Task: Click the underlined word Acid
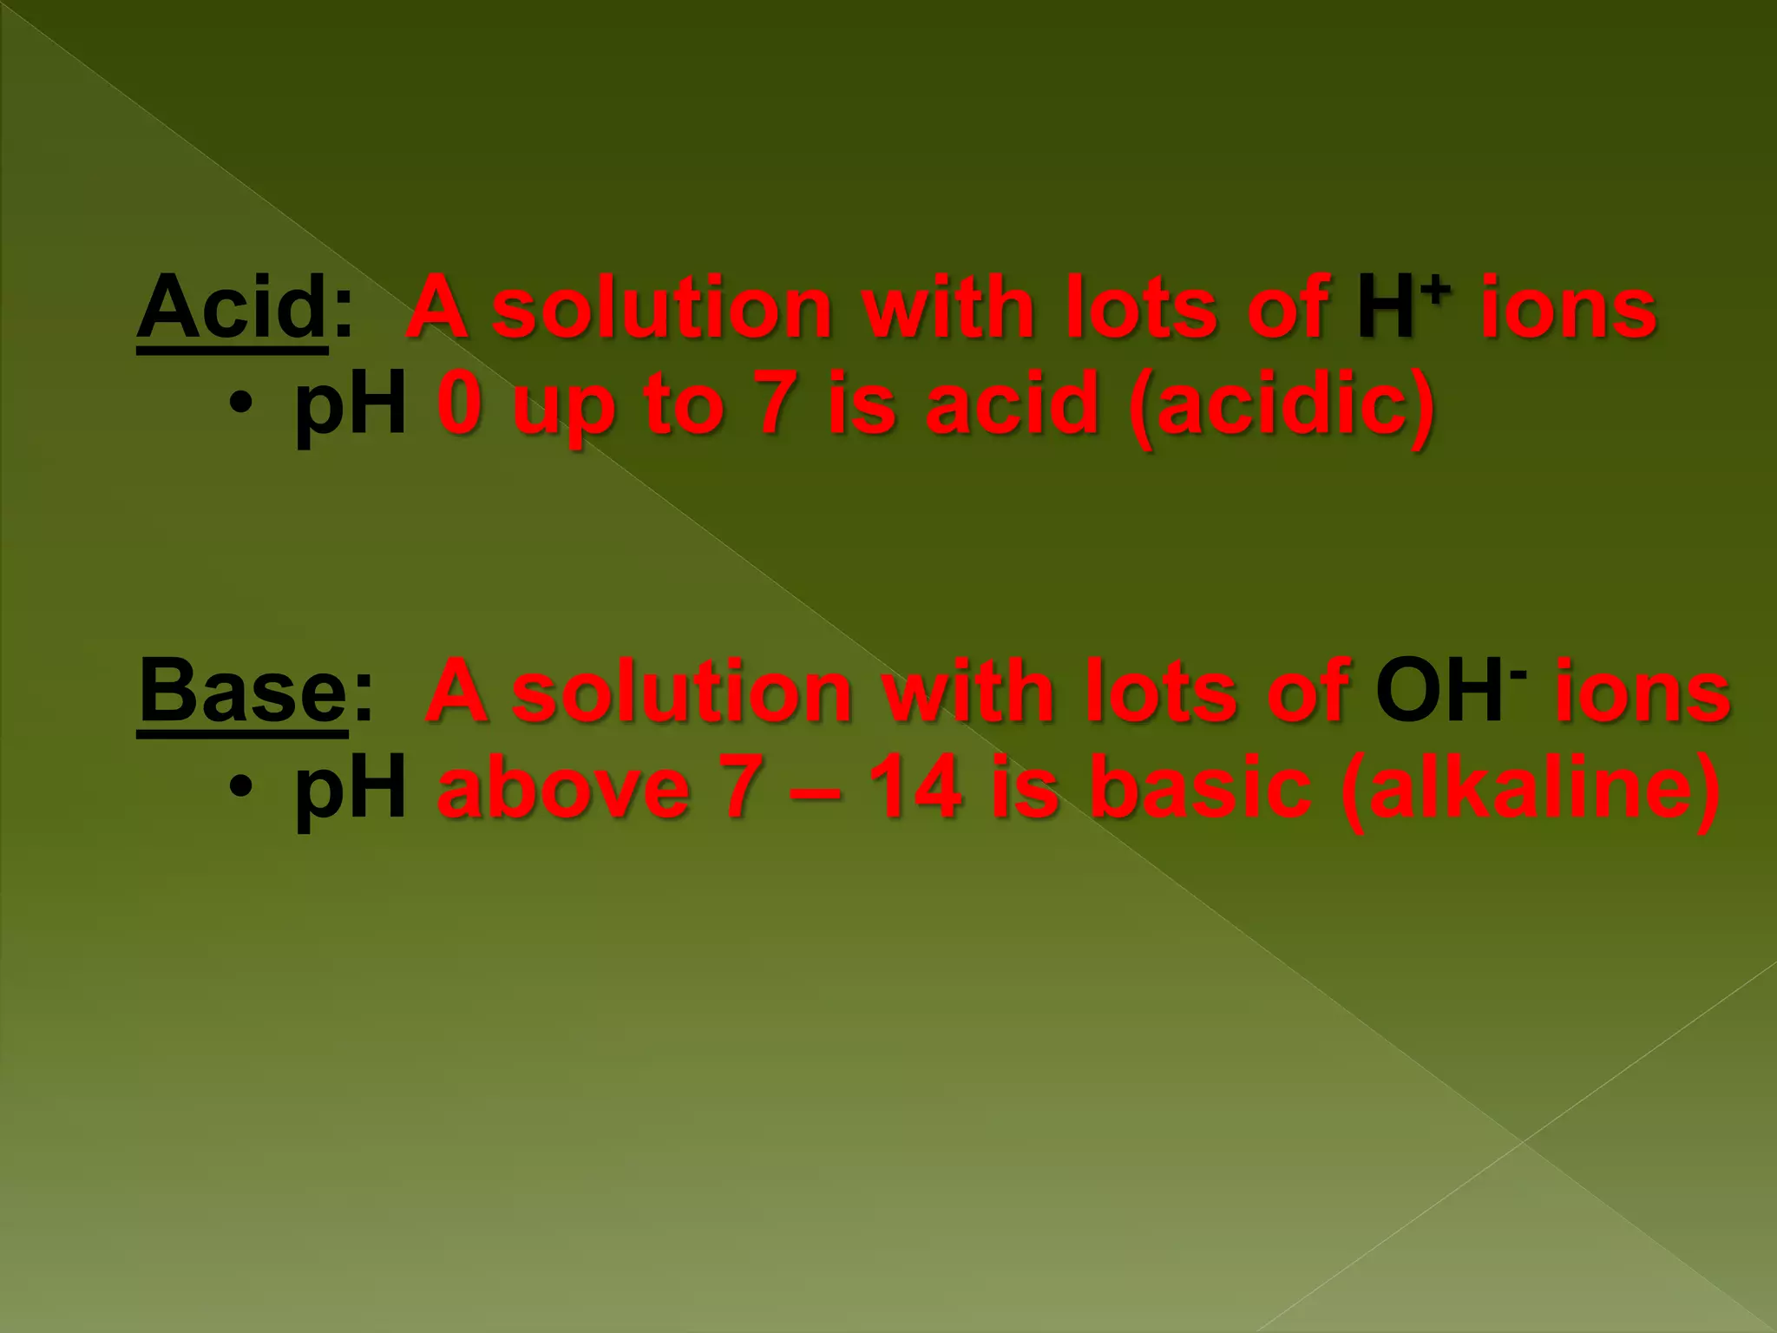232,308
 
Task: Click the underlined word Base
243,693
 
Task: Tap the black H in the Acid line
1386,308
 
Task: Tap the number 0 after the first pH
460,404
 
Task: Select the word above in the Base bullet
564,787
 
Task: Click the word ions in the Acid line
1569,308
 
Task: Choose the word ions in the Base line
1643,693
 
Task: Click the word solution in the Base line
682,693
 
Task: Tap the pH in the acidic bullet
351,405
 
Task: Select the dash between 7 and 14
815,789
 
